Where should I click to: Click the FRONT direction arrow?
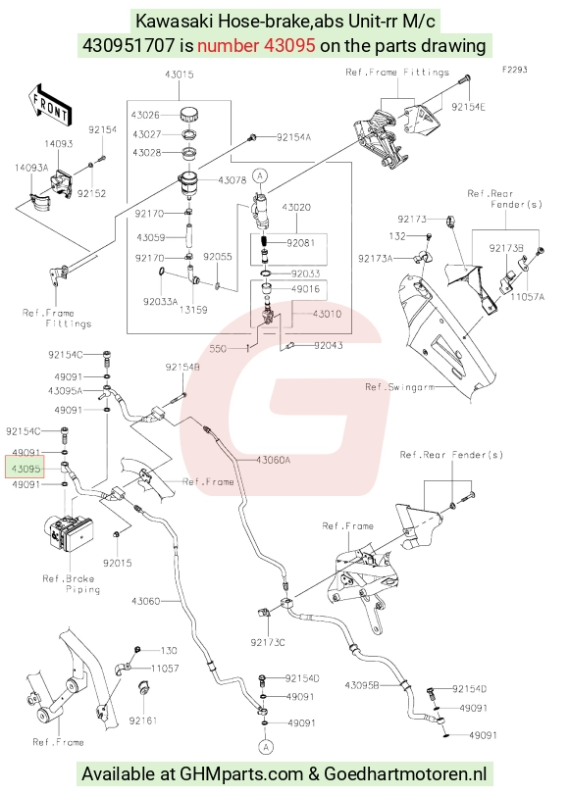pos(50,105)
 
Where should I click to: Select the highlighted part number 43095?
pos(26,468)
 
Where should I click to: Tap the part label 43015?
pos(180,75)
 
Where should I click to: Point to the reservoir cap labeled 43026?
pos(188,114)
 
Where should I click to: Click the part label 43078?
pos(232,180)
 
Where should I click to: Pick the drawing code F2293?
pos(515,70)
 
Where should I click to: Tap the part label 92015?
pos(117,563)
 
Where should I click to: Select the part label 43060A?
pos(273,460)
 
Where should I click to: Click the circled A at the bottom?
pos(266,747)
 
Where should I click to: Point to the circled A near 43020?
pos(260,175)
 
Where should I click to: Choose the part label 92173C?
pos(268,642)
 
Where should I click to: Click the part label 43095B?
pos(362,685)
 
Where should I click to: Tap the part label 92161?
pos(142,720)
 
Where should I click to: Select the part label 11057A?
pos(528,297)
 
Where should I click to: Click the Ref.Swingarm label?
pos(399,387)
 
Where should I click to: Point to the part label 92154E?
pos(468,107)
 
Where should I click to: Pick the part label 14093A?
pos(31,168)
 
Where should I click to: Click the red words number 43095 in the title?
pos(256,46)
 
